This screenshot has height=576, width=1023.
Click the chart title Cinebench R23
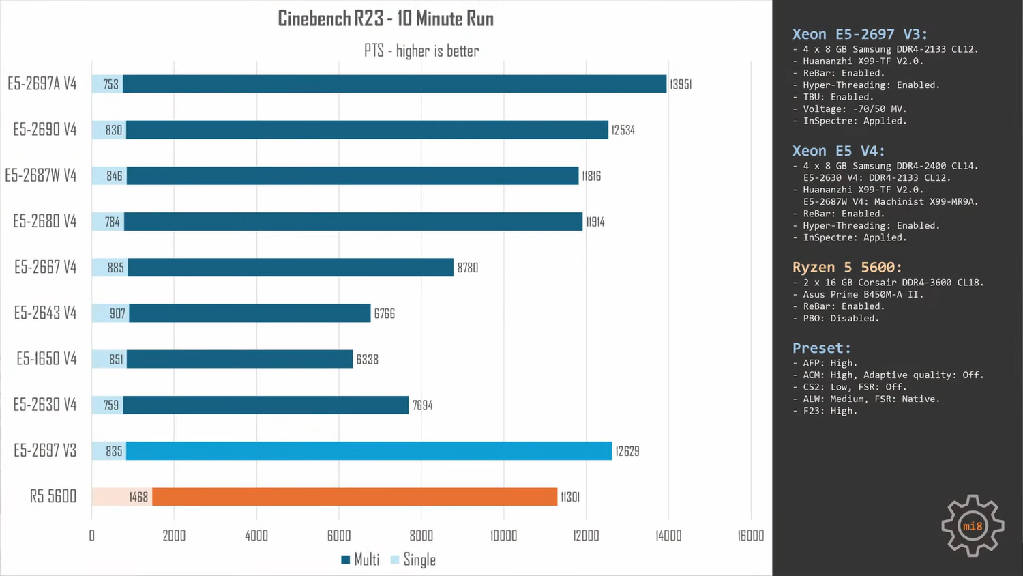coord(385,18)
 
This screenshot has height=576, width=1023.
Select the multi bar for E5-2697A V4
coord(394,84)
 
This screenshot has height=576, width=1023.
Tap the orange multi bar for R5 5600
coord(355,497)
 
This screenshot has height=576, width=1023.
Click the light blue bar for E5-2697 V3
coord(369,450)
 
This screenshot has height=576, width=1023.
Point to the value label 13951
coord(681,84)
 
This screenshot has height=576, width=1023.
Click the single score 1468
coord(138,497)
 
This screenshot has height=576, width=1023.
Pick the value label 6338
coord(367,359)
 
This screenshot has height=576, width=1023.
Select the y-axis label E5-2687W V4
coord(41,175)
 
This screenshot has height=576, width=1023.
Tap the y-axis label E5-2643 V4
coord(45,313)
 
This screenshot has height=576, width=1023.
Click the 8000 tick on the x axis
coord(421,536)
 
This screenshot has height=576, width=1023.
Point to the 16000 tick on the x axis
coord(750,536)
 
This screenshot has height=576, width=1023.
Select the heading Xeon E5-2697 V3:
coord(859,34)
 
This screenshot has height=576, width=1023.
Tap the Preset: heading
coord(821,348)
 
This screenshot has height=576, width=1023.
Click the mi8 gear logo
coord(973,525)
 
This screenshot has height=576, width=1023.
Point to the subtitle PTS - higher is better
coord(421,51)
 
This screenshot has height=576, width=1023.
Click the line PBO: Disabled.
coord(840,318)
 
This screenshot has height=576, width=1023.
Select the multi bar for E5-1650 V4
coord(239,359)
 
